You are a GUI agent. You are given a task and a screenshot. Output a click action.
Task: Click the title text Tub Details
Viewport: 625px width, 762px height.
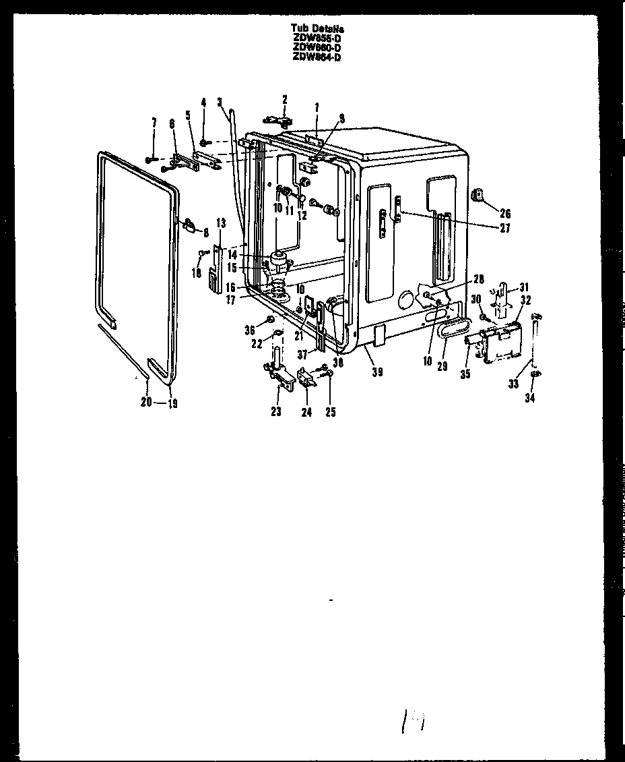coord(317,28)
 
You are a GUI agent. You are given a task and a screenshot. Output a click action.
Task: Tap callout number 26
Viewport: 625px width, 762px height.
coord(505,214)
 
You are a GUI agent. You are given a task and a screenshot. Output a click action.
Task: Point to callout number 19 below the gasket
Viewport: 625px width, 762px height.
coord(172,404)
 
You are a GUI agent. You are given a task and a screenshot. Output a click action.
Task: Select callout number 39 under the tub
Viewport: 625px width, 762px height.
coord(377,371)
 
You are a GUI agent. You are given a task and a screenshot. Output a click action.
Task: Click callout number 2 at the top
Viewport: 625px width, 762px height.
coord(284,99)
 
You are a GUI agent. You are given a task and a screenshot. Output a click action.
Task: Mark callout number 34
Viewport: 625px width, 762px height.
coord(530,399)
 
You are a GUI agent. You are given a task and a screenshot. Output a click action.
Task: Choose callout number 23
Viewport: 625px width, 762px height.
coord(276,411)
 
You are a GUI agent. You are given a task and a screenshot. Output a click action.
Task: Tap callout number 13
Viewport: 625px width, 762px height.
coord(220,223)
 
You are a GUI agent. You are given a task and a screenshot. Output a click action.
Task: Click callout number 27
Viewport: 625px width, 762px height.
coord(505,228)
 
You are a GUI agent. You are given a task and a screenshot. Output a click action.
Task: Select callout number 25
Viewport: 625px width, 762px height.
coord(331,411)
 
